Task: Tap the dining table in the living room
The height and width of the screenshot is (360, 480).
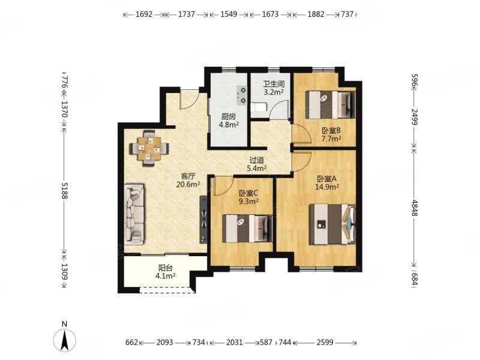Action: click(x=149, y=148)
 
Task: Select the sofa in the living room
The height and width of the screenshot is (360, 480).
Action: click(x=134, y=214)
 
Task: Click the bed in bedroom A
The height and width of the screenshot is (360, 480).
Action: click(x=332, y=224)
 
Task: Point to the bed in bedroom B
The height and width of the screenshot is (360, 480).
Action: click(x=331, y=104)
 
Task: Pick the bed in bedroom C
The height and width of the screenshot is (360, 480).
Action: click(x=247, y=229)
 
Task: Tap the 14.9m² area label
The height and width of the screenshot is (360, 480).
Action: click(x=327, y=187)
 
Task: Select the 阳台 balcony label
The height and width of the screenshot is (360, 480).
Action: click(x=166, y=268)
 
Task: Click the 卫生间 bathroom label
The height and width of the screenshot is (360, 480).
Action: click(x=274, y=84)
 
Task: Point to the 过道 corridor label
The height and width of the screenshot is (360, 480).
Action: click(x=257, y=160)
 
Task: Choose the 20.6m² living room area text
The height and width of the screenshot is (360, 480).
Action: click(x=188, y=184)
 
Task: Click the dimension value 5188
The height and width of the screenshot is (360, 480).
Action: click(x=64, y=191)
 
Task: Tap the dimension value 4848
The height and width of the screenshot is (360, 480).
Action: click(x=415, y=208)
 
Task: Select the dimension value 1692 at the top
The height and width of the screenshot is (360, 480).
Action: click(x=144, y=14)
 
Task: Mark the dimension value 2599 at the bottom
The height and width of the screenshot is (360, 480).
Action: click(x=325, y=342)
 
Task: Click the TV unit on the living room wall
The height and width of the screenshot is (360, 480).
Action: click(x=203, y=220)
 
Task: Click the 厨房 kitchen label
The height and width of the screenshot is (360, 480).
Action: click(x=229, y=116)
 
